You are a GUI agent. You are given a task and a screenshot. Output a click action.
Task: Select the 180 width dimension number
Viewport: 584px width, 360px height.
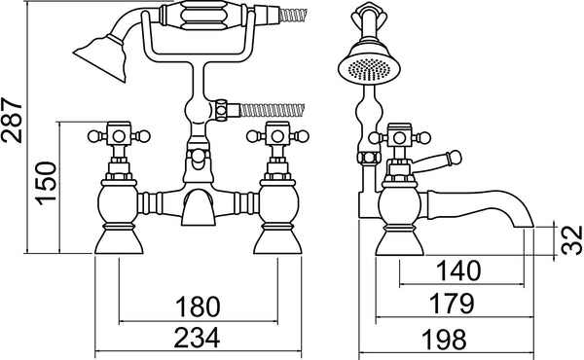pos(198,308)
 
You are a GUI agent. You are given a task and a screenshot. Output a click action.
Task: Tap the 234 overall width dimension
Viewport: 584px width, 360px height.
pos(198,339)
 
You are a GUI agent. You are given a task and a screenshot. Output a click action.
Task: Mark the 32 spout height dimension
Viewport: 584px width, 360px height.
pos(564,238)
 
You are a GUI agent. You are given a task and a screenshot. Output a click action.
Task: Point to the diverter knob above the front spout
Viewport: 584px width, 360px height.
pos(198,156)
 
